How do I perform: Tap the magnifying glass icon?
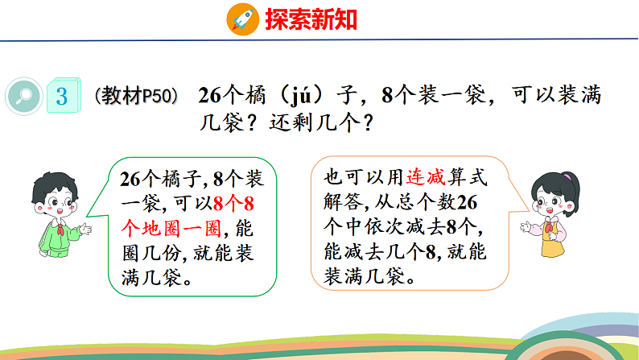tap(23, 97)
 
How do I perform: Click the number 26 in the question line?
tap(208, 96)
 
